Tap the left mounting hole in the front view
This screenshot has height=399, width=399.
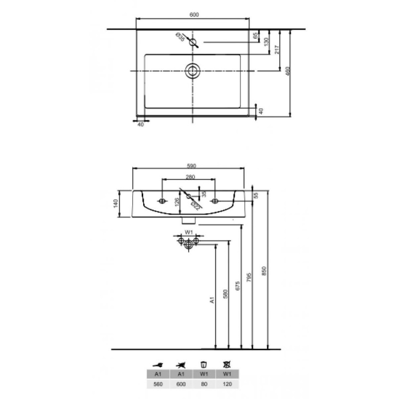point(162,201)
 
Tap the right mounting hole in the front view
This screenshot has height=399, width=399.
point(216,201)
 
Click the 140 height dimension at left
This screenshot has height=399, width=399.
point(115,203)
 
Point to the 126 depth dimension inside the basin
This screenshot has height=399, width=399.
point(177,202)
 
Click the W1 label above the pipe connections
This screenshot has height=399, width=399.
point(189,232)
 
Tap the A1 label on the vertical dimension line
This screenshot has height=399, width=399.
point(211,300)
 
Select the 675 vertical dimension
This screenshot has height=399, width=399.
point(238,285)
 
